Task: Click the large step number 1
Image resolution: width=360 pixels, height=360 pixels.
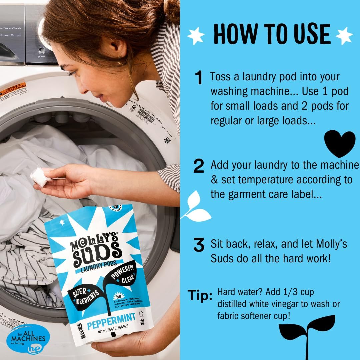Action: click(199, 78)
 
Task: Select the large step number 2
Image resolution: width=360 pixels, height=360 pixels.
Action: click(199, 166)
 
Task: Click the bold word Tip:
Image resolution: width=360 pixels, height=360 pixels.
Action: click(200, 295)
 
